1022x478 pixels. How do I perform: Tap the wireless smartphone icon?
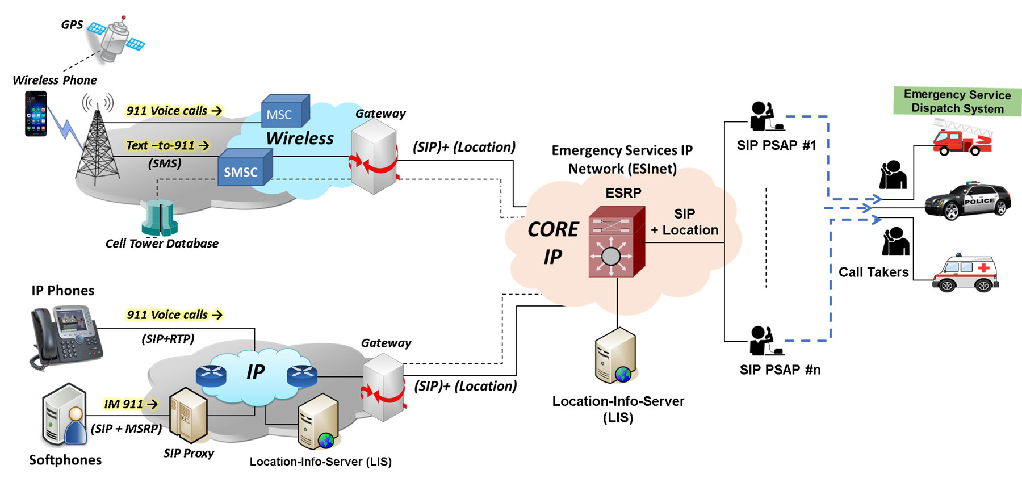35,114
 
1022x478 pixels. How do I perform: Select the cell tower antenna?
98,142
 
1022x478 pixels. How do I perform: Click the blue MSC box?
284,112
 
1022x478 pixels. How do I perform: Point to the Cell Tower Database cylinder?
160,218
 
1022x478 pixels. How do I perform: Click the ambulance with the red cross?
965,273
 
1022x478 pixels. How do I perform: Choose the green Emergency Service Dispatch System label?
957,102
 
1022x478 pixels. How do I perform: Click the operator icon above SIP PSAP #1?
763,117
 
